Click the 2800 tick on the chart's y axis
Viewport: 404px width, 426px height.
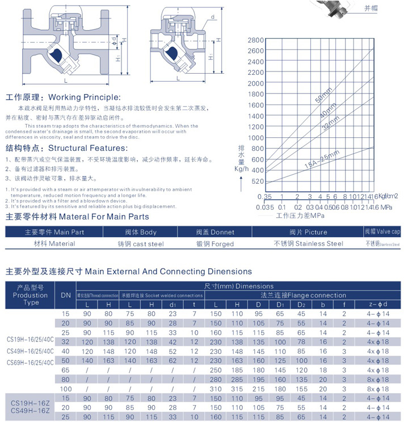[x=256, y=40]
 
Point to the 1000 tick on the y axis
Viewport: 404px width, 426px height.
[x=256, y=138]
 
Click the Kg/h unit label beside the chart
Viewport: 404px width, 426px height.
[x=241, y=169]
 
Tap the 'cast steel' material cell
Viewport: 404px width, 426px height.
[x=141, y=244]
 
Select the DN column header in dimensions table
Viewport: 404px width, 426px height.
[x=66, y=295]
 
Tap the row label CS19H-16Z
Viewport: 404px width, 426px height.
[x=28, y=402]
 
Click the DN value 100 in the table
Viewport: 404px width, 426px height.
[x=66, y=388]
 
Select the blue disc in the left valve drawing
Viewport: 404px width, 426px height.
[x=56, y=54]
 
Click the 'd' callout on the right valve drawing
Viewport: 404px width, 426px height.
[x=211, y=18]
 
